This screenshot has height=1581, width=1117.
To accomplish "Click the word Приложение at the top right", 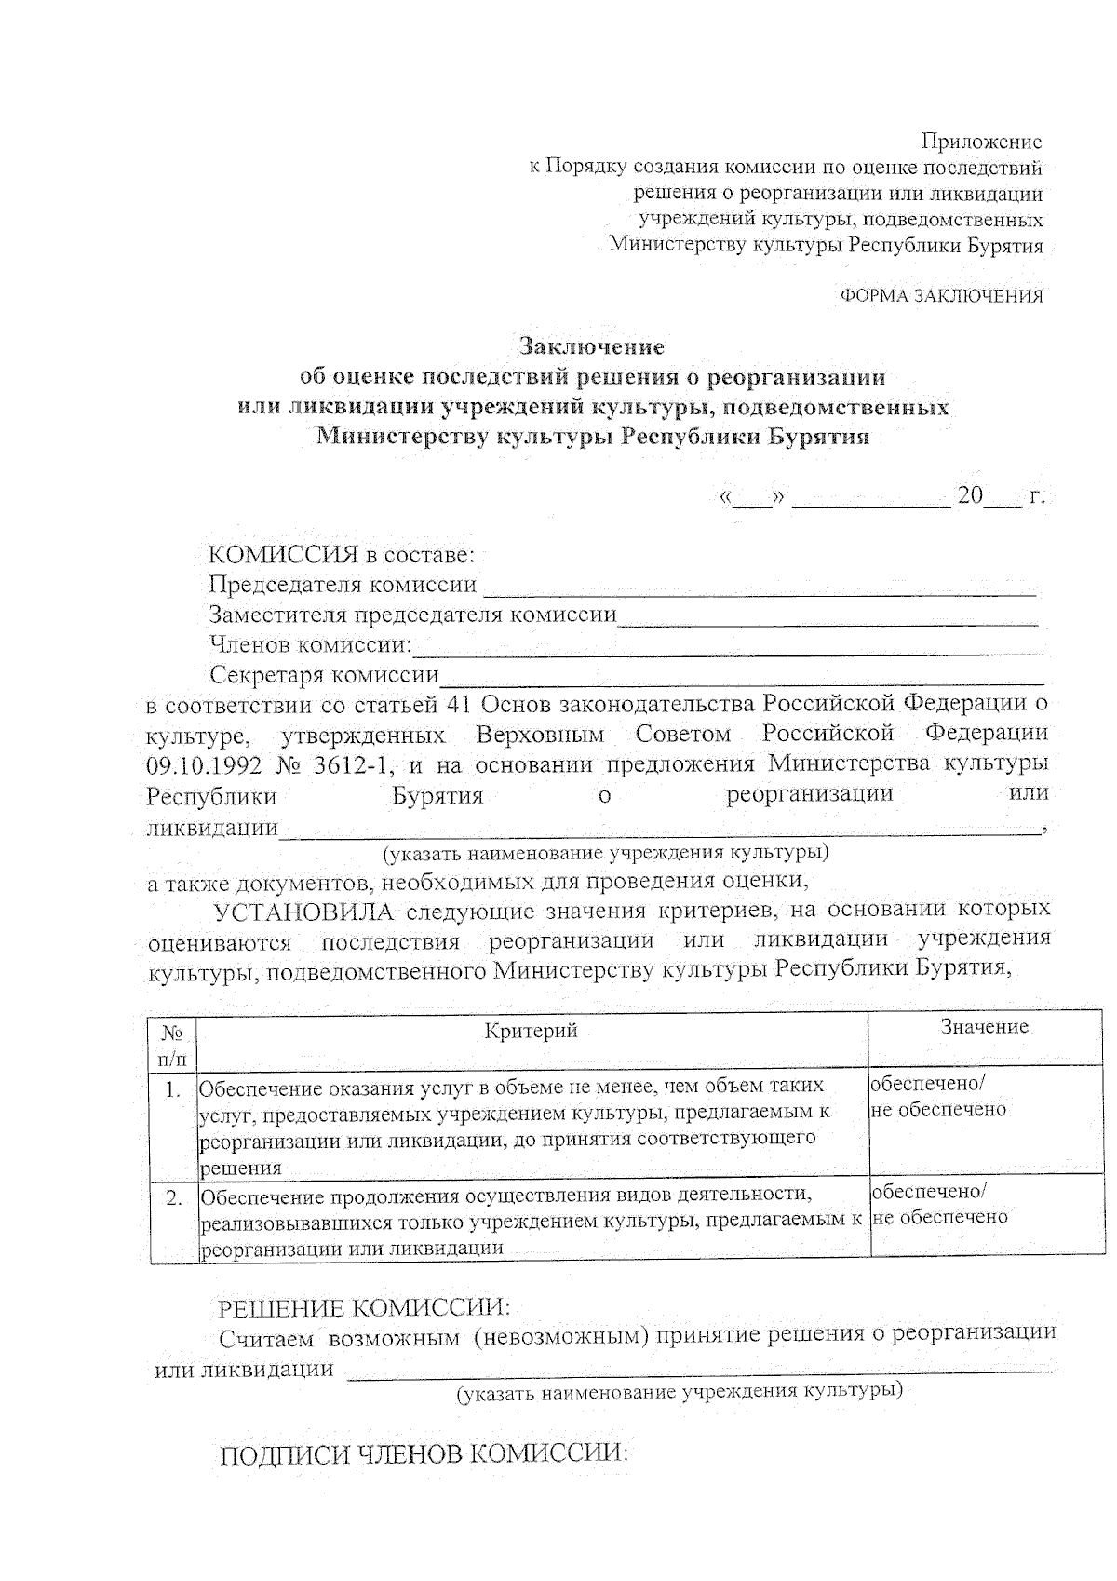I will (x=981, y=142).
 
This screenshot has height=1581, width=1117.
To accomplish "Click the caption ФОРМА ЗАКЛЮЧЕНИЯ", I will (x=941, y=296).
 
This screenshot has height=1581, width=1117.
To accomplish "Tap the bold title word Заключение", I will (x=592, y=347).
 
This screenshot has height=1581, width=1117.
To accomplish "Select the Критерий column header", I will (x=532, y=1030).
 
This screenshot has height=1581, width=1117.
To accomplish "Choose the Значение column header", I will (x=984, y=1027).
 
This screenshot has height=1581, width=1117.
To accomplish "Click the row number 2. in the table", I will (x=172, y=1197).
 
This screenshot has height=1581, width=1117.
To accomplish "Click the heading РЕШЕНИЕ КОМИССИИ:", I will (x=364, y=1308).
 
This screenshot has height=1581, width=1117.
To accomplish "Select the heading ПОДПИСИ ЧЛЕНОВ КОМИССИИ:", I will (x=424, y=1455).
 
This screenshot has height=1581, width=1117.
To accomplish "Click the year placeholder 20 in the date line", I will (x=969, y=495).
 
